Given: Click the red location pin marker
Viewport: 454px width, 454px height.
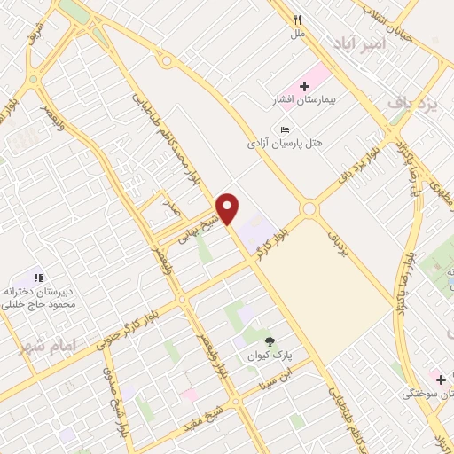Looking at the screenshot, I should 229,208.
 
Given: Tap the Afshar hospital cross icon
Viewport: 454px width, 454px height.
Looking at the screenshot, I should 304,86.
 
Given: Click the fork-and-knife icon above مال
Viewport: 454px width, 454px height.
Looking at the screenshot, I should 298,20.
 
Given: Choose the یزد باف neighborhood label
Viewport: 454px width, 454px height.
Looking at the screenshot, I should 414,103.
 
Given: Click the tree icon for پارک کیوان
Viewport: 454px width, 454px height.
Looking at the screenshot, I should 270,340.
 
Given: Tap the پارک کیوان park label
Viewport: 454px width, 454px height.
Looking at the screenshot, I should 270,355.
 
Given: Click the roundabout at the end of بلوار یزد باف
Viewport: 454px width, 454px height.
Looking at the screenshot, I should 309,210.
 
